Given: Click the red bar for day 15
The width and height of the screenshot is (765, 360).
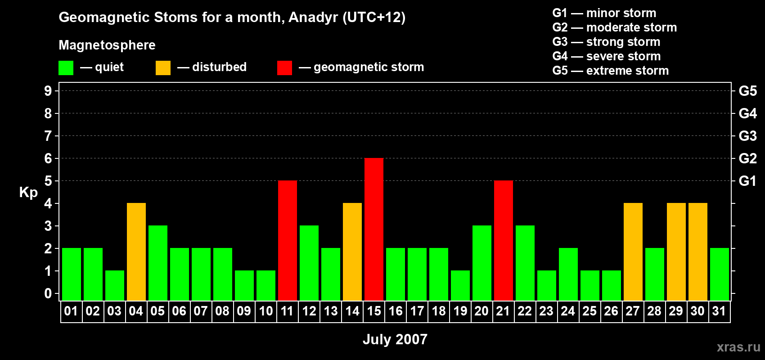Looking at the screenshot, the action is coord(374,229).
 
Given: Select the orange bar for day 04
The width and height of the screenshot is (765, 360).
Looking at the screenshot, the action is coord(136,252).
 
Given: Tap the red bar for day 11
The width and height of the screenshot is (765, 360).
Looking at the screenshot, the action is coord(288,240).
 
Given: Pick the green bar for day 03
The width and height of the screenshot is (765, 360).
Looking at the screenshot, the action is coord(115,286).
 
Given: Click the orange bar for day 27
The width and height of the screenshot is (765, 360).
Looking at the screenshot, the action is coord(633,252).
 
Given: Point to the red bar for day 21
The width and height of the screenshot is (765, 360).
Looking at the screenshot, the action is coord(504,240).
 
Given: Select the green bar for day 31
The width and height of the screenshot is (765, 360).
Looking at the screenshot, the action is coord(720,274).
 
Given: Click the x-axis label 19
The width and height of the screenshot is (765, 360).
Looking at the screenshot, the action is coord(460,311).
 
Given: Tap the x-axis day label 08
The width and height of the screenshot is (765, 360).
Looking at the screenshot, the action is coord(222,311).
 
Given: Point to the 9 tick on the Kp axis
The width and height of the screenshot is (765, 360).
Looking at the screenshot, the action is coord(48,91).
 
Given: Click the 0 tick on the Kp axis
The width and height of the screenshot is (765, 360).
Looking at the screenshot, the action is coord(48,293).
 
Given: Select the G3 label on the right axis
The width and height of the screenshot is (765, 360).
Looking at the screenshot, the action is coord(747,136).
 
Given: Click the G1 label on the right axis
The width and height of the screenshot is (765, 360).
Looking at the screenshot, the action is coord(747,181).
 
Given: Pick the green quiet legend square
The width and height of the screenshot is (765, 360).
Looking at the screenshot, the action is coord(66,67).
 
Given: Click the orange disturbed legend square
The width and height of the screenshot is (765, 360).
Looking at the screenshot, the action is coord(163,67).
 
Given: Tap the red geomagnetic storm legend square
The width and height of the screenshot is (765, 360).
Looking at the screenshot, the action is coord(284,67).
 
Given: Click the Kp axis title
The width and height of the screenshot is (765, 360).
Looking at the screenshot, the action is coord(28,193).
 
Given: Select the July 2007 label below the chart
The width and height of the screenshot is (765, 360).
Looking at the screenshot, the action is coord(395,339).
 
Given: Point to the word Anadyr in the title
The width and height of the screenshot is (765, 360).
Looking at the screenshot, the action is coord(313,18).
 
